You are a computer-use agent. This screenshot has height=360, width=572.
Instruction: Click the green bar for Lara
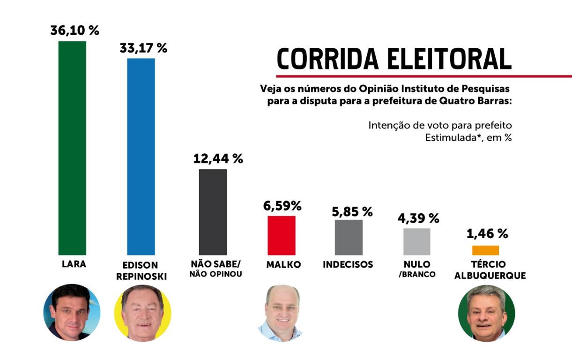point(72,148)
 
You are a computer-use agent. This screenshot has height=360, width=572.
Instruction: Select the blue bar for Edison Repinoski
point(141,157)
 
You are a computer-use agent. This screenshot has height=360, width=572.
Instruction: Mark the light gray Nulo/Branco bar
point(417,242)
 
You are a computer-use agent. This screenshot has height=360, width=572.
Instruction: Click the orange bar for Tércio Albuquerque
point(485,250)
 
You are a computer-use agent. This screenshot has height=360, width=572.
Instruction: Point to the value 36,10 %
point(75,31)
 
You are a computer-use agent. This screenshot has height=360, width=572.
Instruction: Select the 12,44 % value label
point(218,159)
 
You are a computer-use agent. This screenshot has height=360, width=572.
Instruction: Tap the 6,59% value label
point(283,206)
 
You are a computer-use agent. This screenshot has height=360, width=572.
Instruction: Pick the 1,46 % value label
point(487,233)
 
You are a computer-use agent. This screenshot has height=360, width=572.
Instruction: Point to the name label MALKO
point(283,265)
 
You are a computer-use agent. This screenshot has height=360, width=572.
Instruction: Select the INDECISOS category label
point(348,265)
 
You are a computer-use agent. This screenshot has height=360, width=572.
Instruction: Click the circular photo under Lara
point(72,312)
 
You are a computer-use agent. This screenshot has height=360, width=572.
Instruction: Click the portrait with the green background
point(486,313)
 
